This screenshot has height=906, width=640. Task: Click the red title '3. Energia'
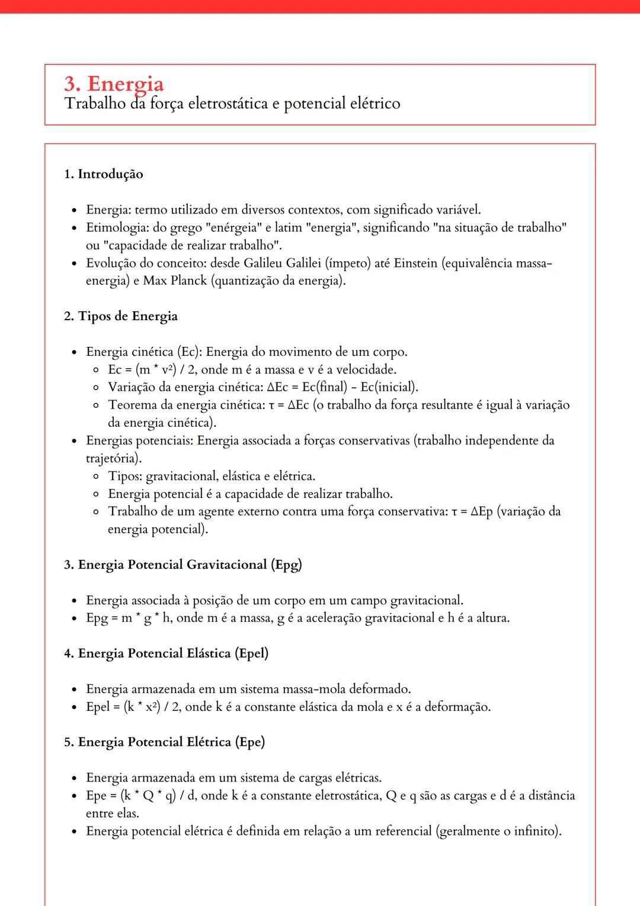pyautogui.click(x=114, y=84)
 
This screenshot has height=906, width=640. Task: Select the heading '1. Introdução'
pyautogui.click(x=104, y=174)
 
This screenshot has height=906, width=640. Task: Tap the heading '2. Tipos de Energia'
pyautogui.click(x=121, y=316)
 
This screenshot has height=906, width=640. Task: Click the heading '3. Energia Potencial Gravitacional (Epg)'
pyautogui.click(x=183, y=564)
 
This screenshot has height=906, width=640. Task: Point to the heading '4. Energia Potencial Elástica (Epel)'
pyautogui.click(x=167, y=653)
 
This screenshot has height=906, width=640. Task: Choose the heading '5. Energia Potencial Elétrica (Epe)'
pyautogui.click(x=165, y=742)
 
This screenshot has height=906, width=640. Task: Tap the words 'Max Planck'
pyautogui.click(x=175, y=281)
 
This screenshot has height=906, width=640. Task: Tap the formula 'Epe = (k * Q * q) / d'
pyautogui.click(x=140, y=796)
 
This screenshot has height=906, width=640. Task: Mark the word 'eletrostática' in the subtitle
pyautogui.click(x=228, y=104)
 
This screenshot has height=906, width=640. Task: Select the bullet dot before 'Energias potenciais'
pyautogui.click(x=74, y=441)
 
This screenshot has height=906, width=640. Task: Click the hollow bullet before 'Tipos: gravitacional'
pyautogui.click(x=96, y=477)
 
